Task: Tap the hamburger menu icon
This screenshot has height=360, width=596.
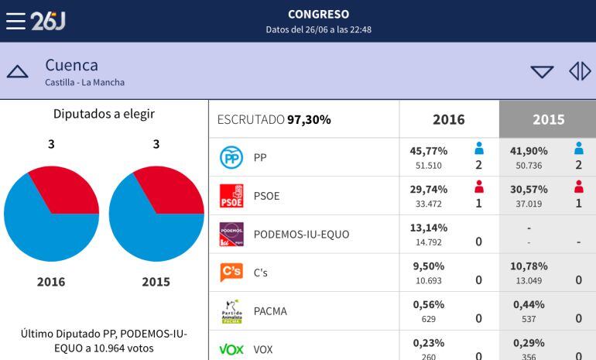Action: click(15, 21)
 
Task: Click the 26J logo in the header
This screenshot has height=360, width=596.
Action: click(48, 21)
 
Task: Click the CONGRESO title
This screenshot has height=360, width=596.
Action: click(318, 14)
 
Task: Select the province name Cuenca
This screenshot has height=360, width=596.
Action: click(71, 65)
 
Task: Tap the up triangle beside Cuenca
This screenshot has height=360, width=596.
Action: click(17, 72)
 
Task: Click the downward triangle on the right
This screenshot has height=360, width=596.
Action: click(542, 72)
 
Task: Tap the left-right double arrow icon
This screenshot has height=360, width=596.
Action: click(580, 72)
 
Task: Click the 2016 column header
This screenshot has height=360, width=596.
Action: click(449, 119)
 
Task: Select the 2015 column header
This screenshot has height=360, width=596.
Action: click(548, 119)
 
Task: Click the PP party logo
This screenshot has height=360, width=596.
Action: click(231, 157)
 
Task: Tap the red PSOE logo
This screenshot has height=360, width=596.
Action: click(231, 196)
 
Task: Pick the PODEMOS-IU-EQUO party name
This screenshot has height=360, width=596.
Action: click(301, 235)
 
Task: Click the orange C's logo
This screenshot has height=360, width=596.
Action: click(231, 273)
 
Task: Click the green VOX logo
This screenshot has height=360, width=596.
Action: click(231, 349)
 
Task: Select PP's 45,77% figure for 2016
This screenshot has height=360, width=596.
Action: click(428, 151)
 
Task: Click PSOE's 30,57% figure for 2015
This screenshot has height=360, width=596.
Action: click(529, 189)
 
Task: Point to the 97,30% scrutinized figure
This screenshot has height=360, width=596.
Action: click(309, 119)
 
